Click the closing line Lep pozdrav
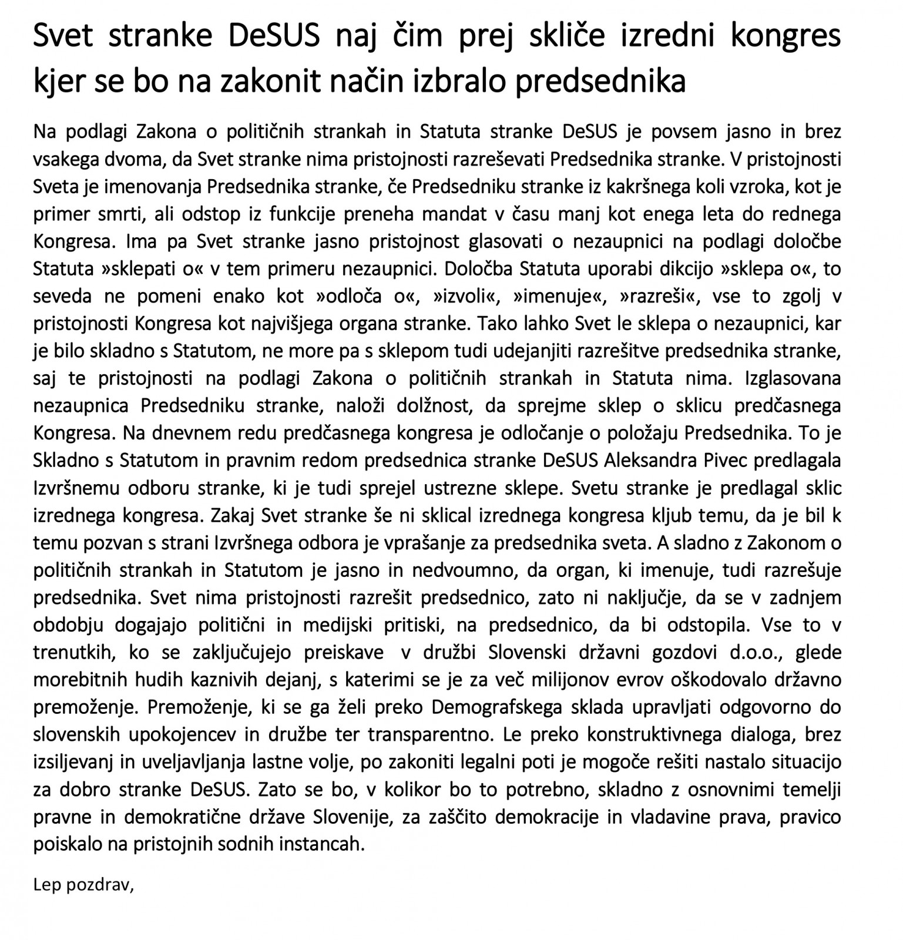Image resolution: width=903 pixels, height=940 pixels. (x=83, y=885)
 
